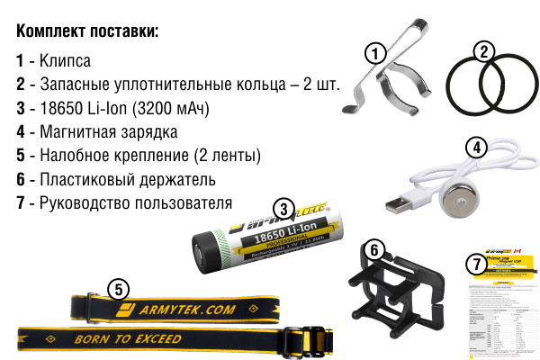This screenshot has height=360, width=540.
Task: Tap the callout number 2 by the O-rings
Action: tap(484, 51)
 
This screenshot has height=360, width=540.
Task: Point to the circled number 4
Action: tap(477, 147)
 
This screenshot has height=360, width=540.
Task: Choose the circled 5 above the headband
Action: tap(117, 288)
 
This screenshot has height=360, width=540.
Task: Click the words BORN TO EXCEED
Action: tap(128, 339)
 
